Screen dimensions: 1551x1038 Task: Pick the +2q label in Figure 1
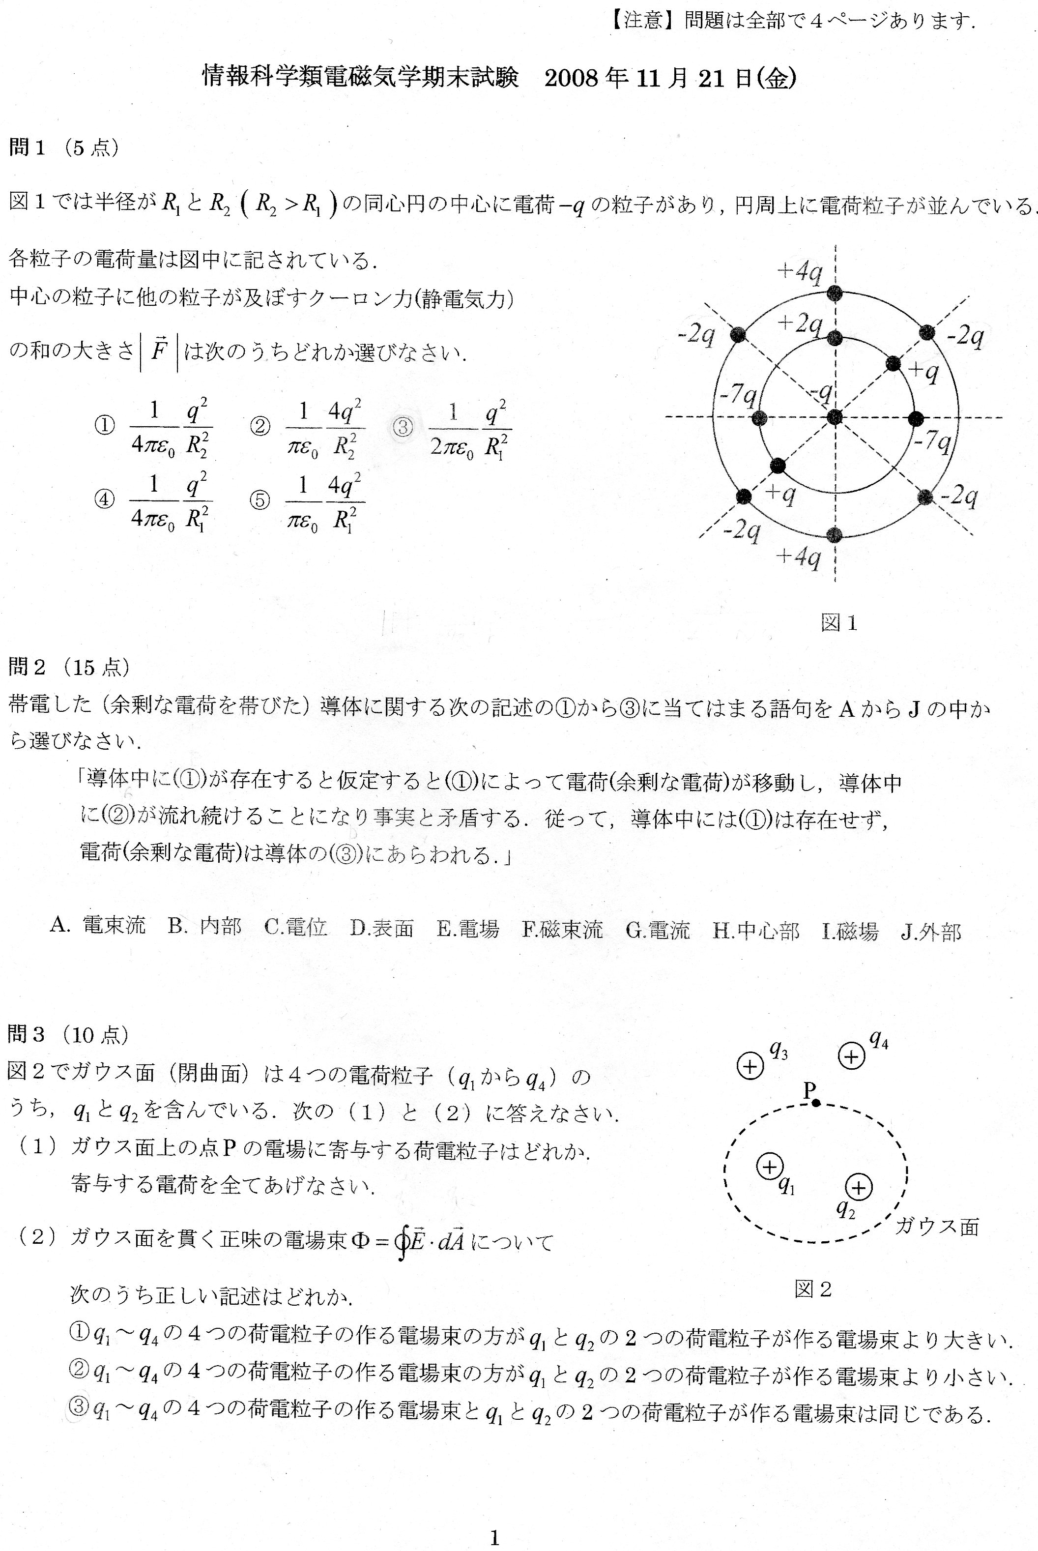[799, 323]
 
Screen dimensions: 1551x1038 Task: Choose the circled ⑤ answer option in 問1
[259, 500]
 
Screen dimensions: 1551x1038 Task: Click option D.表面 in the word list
[381, 929]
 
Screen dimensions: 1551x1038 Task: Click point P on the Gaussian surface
[816, 1103]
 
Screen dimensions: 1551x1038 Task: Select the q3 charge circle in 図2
[750, 1066]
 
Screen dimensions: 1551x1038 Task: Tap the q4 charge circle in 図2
[852, 1056]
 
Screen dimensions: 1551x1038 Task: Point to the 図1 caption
[839, 622]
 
